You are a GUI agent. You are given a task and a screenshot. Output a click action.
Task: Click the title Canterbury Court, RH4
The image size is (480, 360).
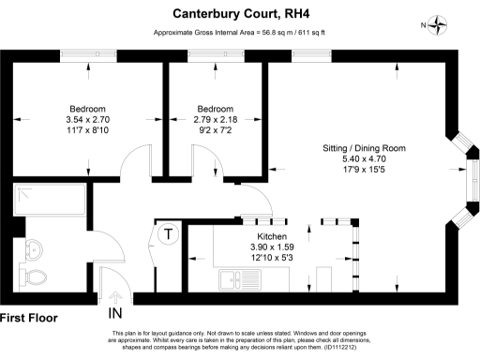[x=239, y=14]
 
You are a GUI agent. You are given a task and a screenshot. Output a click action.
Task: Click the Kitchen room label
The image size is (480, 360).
[x=272, y=236]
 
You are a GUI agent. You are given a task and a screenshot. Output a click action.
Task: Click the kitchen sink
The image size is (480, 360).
[x=239, y=277]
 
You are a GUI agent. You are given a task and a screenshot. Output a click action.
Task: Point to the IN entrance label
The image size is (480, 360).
[x=115, y=312]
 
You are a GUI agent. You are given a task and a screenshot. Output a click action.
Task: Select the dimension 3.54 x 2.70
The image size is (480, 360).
[x=88, y=121]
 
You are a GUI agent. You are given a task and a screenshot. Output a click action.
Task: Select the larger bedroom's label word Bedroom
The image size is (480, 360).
[x=88, y=108]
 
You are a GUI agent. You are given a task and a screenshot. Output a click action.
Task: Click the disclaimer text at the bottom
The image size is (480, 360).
[x=239, y=341]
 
